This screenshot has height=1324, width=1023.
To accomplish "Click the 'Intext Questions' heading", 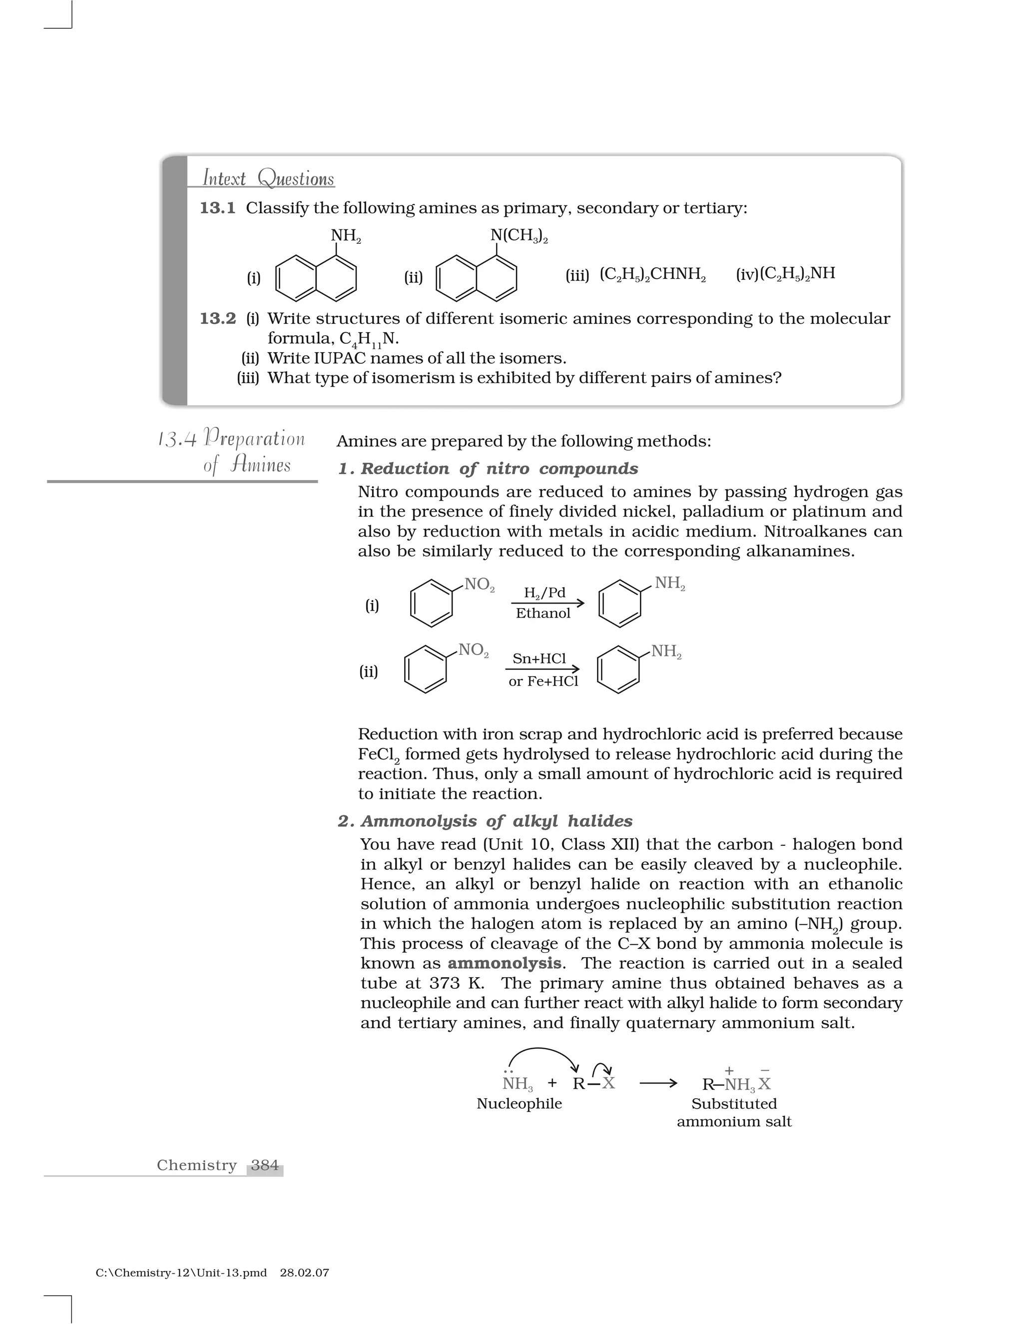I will pos(268,178).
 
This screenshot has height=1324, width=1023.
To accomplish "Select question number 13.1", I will pos(218,208).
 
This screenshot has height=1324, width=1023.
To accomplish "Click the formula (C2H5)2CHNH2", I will pos(653,275).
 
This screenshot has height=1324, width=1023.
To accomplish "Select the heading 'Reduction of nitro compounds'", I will pos(500,469).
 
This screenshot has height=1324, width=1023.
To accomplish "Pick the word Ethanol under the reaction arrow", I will pos(543,614).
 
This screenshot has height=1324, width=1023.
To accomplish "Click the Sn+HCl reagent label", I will pos(539,659).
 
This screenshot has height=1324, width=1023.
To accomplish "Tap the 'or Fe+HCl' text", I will pos(543,681).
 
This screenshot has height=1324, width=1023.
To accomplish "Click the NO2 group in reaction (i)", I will pos(479,585).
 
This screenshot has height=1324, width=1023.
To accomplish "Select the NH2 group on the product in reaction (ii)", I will pos(666,652).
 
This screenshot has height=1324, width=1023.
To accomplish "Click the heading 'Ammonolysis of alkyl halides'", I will pos(497,821).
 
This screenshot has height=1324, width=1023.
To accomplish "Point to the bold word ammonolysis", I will pos(504,963).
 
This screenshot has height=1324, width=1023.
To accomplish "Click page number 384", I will pos(265,1165).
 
